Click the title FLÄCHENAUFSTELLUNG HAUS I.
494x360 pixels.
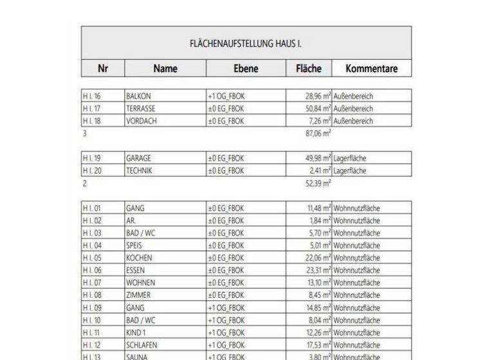[x=246, y=44]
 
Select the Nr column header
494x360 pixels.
[x=102, y=69]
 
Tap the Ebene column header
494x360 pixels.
[x=246, y=69]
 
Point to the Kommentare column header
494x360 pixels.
[x=371, y=69]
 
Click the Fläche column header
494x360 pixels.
[x=308, y=69]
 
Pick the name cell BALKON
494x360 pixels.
[x=139, y=96]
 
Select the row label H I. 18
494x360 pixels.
[x=92, y=121]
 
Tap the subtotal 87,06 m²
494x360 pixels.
[x=318, y=134]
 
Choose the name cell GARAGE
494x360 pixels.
[x=139, y=158]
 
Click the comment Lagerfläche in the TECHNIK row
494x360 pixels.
[x=350, y=171]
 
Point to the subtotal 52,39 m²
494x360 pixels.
[x=318, y=183]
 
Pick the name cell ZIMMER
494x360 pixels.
[x=138, y=295]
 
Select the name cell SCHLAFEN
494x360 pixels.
[x=142, y=345]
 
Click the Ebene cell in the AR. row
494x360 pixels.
[x=226, y=221]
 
